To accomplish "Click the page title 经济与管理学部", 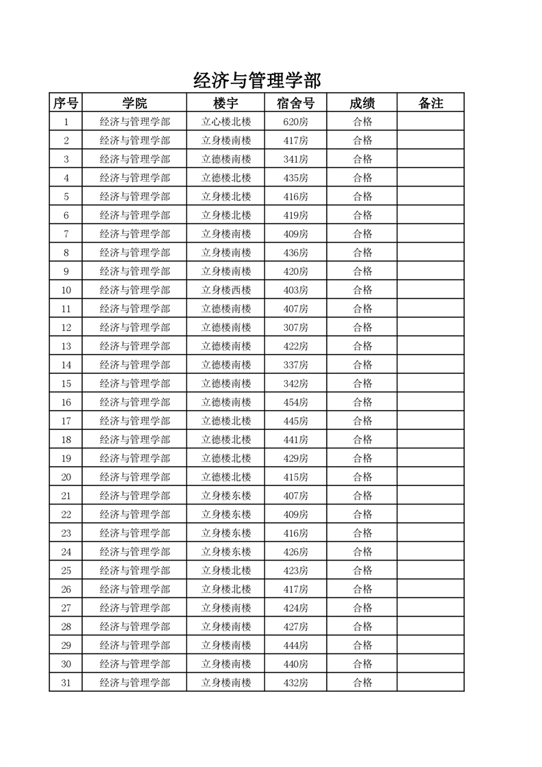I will (257, 81).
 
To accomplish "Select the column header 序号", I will (66, 103).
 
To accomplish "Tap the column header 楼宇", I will (226, 103).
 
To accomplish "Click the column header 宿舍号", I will (295, 103).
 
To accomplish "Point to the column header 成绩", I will (362, 103).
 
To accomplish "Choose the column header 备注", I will (430, 103).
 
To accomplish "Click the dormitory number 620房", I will (295, 122).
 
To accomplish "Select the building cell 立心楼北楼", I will (226, 122).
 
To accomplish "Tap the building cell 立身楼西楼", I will (226, 290).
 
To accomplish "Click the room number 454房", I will (295, 402).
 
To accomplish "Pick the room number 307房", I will (295, 327).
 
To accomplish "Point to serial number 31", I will (66, 682).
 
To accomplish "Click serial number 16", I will (66, 402).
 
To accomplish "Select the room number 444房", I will (295, 645).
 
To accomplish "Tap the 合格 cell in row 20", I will (362, 476).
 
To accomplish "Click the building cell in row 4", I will (226, 178).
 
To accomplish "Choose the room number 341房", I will (295, 159).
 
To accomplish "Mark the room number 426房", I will (295, 552).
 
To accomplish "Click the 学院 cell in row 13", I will (135, 346).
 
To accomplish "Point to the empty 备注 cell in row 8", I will (430, 253).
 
